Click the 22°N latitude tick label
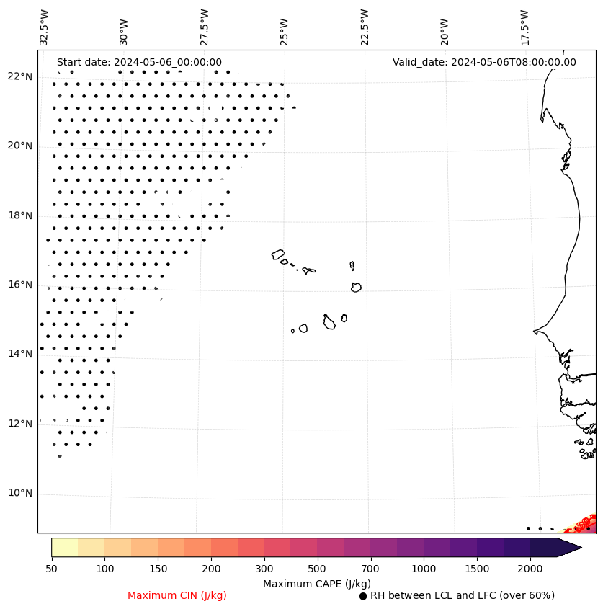pos(19,77)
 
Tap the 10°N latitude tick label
pos(19,494)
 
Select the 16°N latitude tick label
pos(19,285)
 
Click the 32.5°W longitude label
pos(45,27)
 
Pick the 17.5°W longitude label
pos(525,27)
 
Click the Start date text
pos(139,63)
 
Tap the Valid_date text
pos(484,63)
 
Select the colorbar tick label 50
pos(51,569)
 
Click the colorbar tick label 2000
pos(530,569)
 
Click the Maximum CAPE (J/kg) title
pos(316,584)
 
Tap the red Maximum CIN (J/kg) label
pos(177,596)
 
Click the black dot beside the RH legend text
pos(363,596)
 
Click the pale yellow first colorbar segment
pos(64,548)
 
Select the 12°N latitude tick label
pos(19,424)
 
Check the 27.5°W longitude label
pos(205,27)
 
